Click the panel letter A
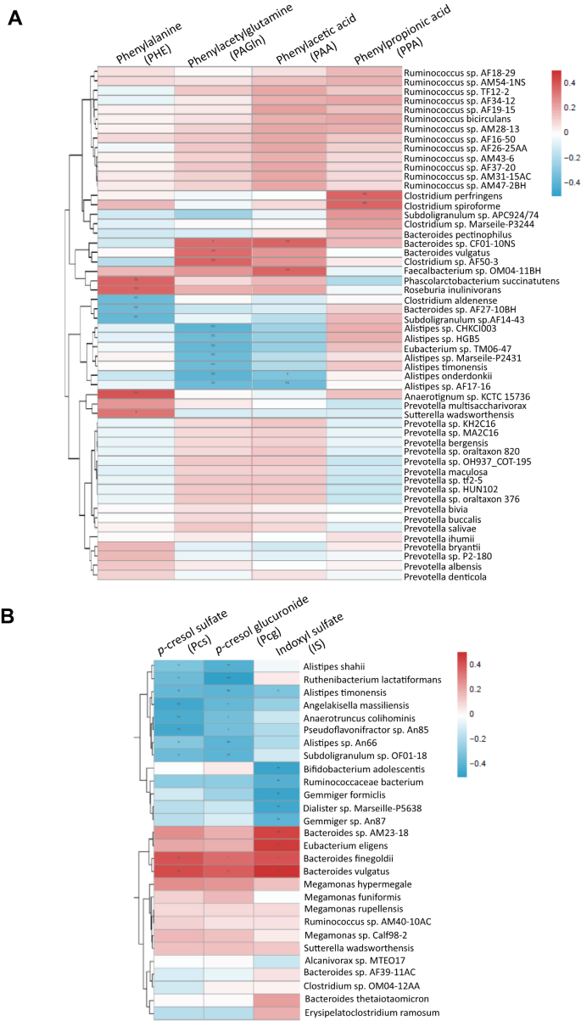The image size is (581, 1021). click(x=14, y=18)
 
